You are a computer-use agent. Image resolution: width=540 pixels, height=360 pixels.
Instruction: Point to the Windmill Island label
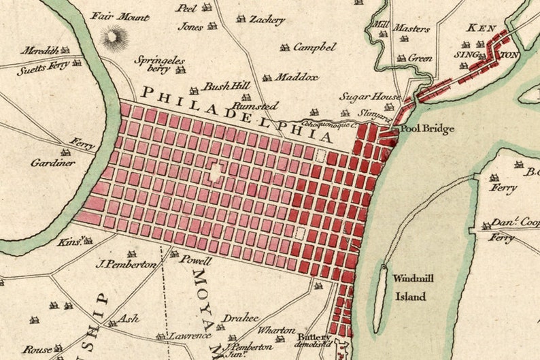pos(408,287)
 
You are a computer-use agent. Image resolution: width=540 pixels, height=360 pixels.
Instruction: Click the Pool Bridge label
pos(426,129)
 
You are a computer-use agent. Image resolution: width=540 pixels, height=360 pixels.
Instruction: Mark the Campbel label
pos(314,48)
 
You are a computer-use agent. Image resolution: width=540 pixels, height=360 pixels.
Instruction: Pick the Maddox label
pos(296,77)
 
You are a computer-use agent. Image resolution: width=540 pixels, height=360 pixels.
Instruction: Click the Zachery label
pos(266,20)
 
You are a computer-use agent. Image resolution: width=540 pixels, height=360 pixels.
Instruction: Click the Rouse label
pos(37,349)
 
